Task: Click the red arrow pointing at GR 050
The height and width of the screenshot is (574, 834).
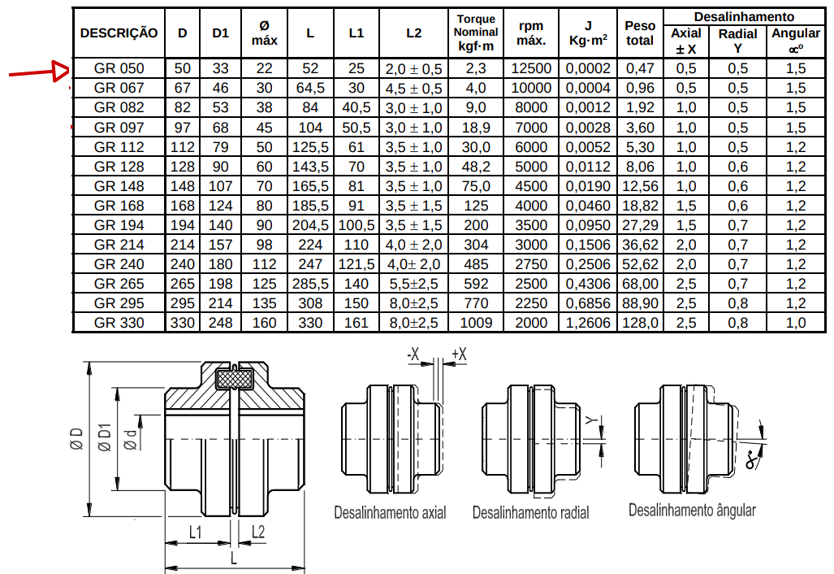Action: coord(39,72)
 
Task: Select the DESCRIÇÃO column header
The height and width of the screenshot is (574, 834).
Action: coord(119,33)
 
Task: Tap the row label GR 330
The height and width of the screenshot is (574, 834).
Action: coord(119,323)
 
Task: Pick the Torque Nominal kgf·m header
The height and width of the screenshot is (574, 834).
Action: coord(476,33)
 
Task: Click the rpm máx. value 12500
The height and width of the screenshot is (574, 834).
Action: coord(531,68)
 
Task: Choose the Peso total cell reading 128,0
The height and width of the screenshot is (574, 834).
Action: coord(641,323)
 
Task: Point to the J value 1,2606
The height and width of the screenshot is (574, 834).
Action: coord(588,323)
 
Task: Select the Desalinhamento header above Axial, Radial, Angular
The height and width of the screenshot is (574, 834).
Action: coord(744,16)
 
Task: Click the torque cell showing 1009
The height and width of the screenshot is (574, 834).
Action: coord(476,323)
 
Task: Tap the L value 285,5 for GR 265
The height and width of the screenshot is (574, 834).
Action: coord(310,284)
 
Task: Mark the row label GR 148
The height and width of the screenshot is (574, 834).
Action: coord(119,186)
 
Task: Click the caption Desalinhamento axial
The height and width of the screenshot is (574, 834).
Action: coord(390,512)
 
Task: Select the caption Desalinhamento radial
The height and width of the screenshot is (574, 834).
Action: coord(531,512)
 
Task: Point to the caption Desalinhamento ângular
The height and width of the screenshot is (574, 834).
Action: coord(692,510)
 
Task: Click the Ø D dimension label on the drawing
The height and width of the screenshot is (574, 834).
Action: coord(77,439)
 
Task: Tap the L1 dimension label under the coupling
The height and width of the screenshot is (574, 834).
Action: coord(196,532)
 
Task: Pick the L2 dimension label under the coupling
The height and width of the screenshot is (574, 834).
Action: coord(258,532)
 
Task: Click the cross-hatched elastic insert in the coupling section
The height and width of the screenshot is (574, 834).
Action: coord(234,379)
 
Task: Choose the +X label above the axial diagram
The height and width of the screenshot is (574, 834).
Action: coord(459,354)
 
